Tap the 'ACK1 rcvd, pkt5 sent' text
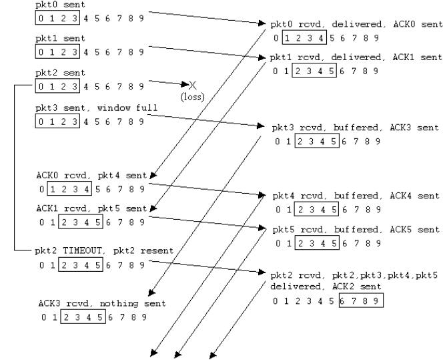tap(91, 208)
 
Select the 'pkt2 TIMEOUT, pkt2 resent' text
tap(104, 250)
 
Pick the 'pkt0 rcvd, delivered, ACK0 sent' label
tap(356, 24)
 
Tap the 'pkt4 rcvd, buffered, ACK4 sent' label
tap(356, 196)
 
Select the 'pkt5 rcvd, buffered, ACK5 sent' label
tap(356, 229)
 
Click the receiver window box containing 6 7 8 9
tap(361, 301)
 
